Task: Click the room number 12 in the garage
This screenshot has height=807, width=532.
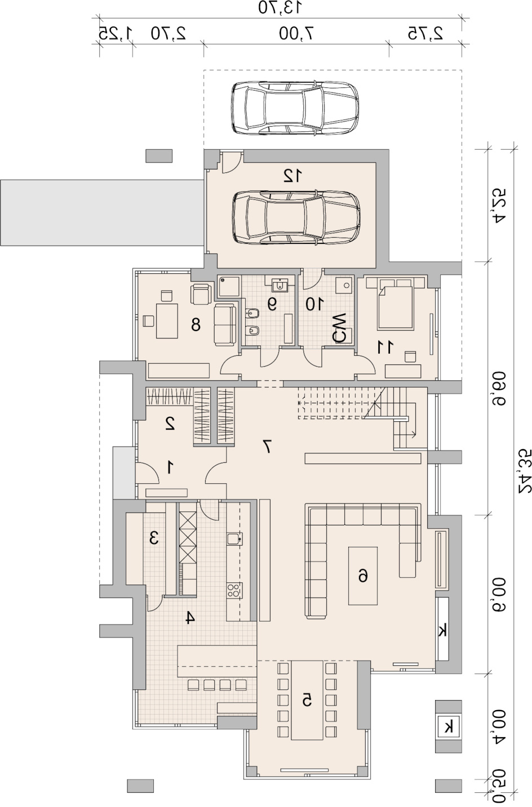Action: point(292,176)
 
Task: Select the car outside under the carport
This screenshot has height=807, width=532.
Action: point(295,108)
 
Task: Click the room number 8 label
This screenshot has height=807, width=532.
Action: point(196,325)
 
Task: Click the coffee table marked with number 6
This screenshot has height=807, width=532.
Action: point(362,576)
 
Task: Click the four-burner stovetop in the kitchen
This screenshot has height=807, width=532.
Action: point(234,591)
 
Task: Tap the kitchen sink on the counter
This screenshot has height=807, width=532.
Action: point(234,539)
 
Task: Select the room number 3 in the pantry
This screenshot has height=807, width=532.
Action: point(154,538)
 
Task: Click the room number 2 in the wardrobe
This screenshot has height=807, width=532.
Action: point(170,423)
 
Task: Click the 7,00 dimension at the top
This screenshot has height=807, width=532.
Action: point(296,33)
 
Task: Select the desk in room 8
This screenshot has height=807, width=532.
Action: point(167,320)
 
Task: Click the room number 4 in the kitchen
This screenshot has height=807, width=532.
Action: point(190,618)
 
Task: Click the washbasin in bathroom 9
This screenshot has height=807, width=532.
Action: point(279,286)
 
